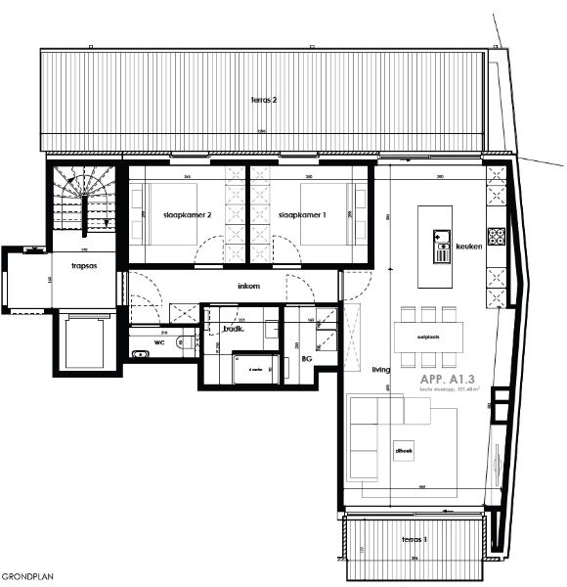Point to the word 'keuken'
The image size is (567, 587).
(470, 247)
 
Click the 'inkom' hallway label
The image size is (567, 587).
(248, 287)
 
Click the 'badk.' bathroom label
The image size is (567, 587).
(233, 329)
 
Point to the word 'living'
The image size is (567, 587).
(381, 371)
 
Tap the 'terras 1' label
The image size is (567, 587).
(414, 539)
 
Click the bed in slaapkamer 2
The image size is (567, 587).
(163, 215)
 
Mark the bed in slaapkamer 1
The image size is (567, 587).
(332, 215)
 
